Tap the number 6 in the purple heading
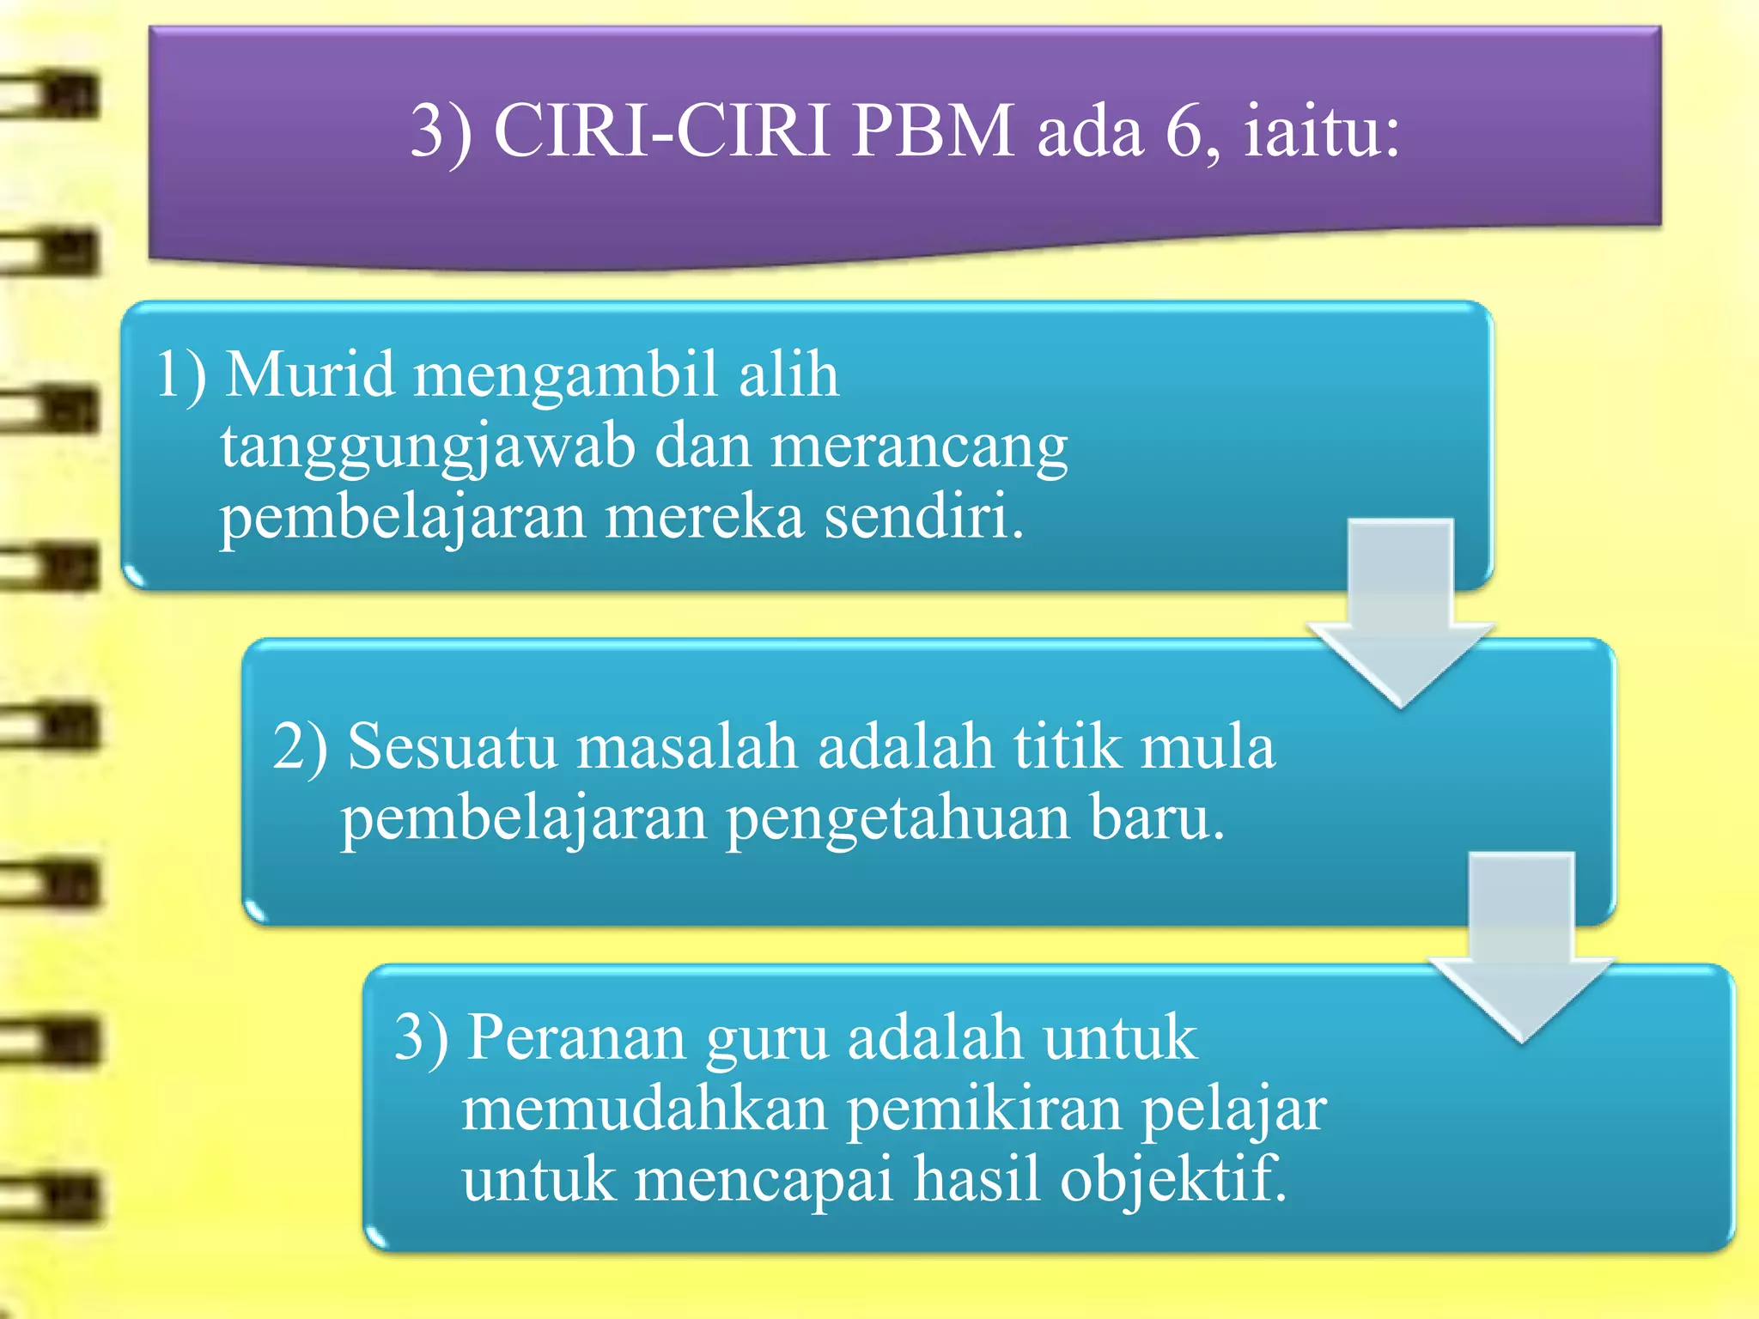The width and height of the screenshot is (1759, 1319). (1187, 131)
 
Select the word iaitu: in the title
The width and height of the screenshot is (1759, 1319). (1322, 131)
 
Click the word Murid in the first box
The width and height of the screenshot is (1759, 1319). (310, 374)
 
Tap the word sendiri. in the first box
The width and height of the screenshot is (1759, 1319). (924, 517)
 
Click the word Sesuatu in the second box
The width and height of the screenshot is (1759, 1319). (452, 745)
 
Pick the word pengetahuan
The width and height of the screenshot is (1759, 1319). (898, 818)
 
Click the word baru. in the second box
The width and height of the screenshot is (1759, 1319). (1157, 818)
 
